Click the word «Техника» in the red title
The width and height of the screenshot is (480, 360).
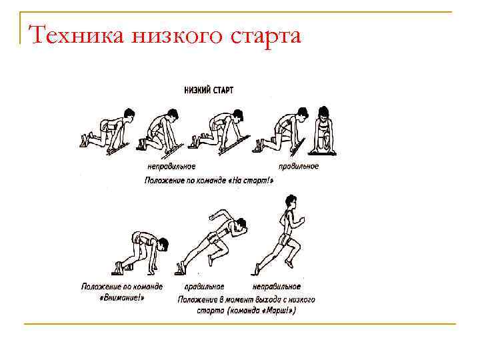(x=77, y=35)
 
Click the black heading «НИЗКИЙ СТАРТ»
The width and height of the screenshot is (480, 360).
(x=209, y=90)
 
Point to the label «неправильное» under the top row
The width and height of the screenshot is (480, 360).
(x=171, y=167)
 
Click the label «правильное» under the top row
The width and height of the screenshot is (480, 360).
(x=299, y=167)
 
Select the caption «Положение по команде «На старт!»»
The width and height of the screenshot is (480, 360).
(x=209, y=180)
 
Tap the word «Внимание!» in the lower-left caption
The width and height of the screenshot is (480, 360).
(x=122, y=297)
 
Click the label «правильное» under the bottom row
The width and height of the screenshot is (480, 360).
(x=204, y=287)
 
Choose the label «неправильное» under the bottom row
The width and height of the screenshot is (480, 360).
(x=277, y=287)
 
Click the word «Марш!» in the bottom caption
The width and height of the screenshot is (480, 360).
(x=277, y=311)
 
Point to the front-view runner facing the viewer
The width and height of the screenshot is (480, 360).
(x=323, y=131)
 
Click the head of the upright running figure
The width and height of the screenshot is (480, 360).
(x=291, y=201)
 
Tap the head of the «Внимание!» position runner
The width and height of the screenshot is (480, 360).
(x=161, y=244)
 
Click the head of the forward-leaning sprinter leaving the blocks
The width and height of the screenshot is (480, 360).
(x=240, y=225)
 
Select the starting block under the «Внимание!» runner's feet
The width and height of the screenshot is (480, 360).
(x=121, y=269)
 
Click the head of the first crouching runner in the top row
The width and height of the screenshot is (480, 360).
(x=129, y=114)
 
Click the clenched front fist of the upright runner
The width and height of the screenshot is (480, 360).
(x=302, y=219)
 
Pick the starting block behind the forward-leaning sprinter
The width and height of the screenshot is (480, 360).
(x=179, y=269)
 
